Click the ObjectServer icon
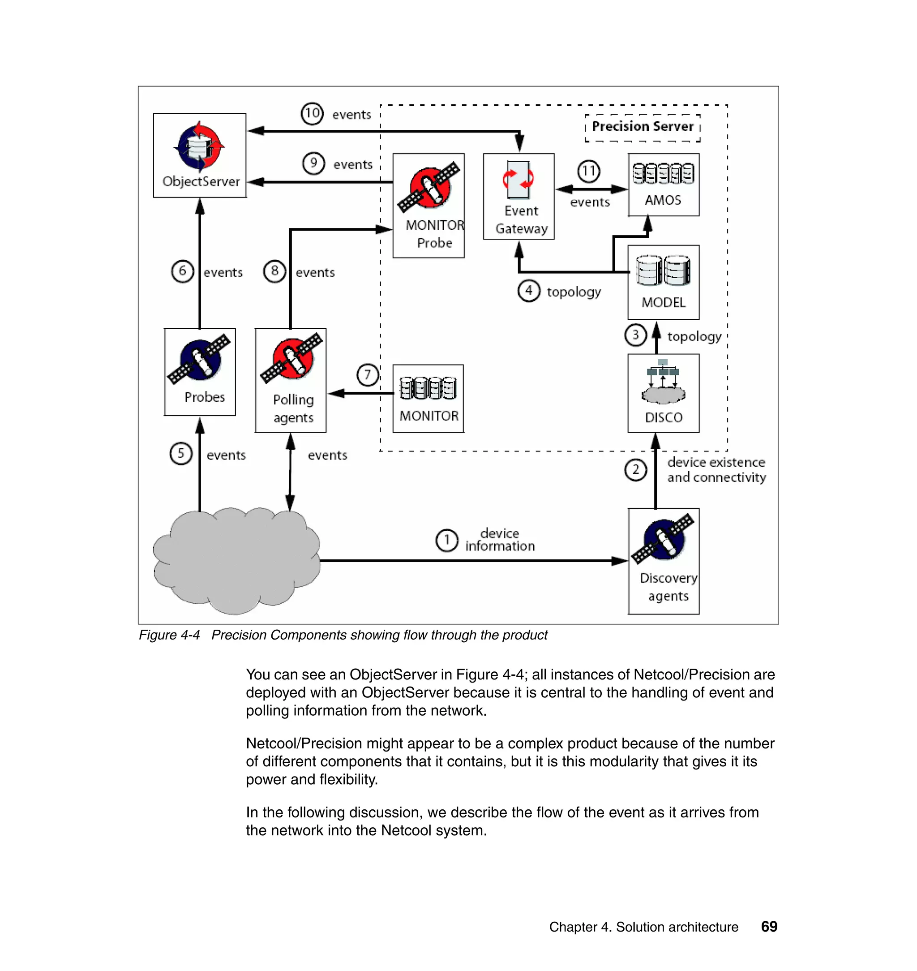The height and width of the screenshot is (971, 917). pyautogui.click(x=199, y=146)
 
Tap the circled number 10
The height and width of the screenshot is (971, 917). pyautogui.click(x=312, y=114)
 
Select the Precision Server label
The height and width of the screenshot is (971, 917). pyautogui.click(x=642, y=127)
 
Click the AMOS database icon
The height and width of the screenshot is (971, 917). pyautogui.click(x=663, y=174)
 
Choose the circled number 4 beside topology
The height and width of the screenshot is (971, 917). pyautogui.click(x=528, y=291)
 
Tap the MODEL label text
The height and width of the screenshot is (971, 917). pyautogui.click(x=663, y=303)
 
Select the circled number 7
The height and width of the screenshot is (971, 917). pyautogui.click(x=368, y=375)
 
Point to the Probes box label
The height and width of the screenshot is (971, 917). pyautogui.click(x=204, y=397)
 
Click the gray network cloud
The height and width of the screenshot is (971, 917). pyautogui.click(x=236, y=561)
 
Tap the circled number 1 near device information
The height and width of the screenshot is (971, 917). pyautogui.click(x=446, y=540)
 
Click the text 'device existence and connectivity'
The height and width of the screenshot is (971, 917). pyautogui.click(x=716, y=470)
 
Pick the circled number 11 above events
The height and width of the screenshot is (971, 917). pyautogui.click(x=588, y=171)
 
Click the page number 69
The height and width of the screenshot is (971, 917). pyautogui.click(x=769, y=927)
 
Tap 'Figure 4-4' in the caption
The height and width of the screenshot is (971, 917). pyautogui.click(x=169, y=635)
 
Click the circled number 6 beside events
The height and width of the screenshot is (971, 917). pyautogui.click(x=182, y=271)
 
